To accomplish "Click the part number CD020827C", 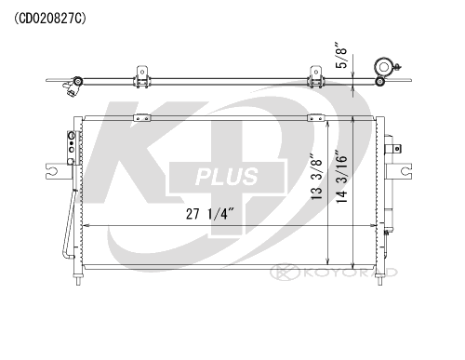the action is [x=49, y=19].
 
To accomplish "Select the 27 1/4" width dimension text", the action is [x=209, y=214].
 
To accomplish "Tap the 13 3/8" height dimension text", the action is [x=317, y=177].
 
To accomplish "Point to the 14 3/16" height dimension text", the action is [x=342, y=177].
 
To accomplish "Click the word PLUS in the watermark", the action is [x=226, y=177].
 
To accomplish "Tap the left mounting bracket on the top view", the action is [x=142, y=77].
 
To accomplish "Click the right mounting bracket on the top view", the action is [x=315, y=77].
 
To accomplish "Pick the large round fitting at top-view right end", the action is [x=383, y=67].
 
